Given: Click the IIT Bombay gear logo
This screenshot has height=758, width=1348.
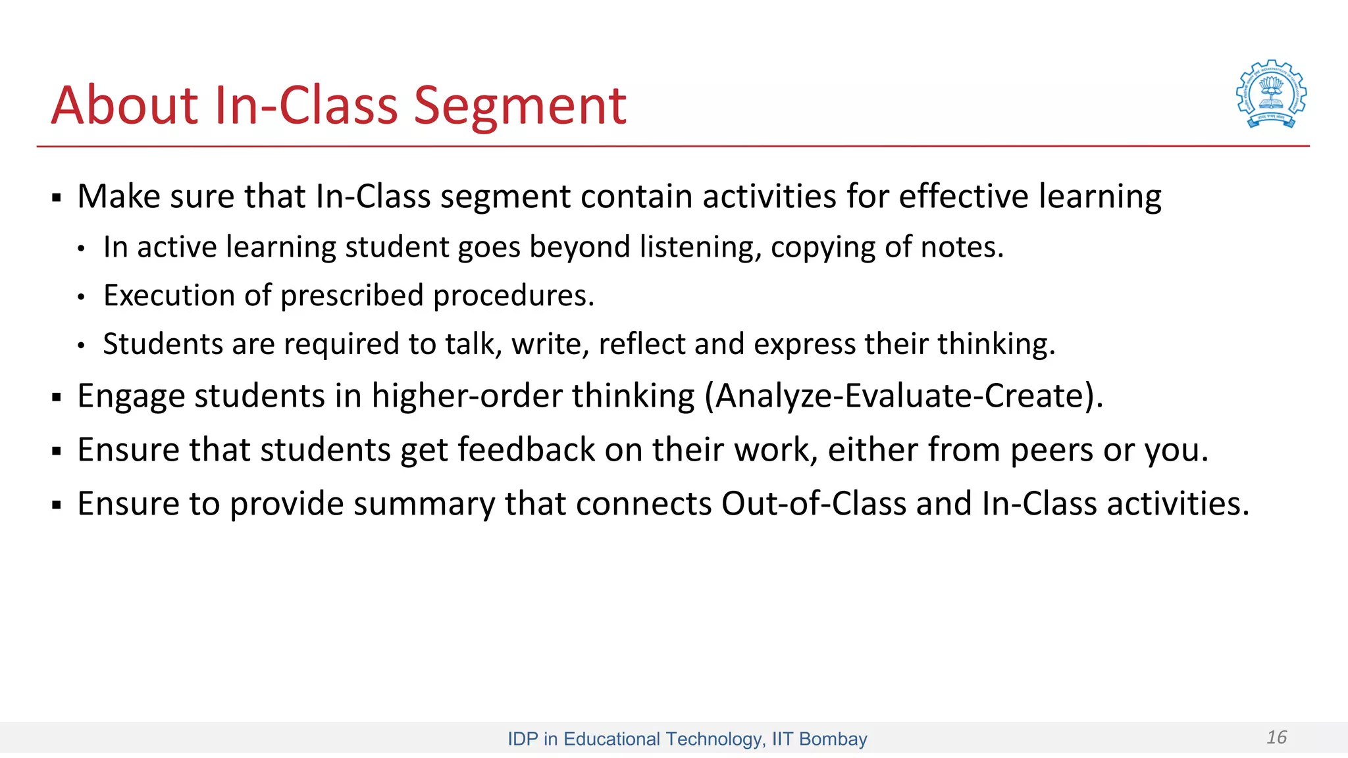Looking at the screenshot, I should (x=1271, y=94).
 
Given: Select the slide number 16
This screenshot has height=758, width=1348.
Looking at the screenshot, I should (x=1276, y=737).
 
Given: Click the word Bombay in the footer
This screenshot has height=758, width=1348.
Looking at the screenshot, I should (x=833, y=739).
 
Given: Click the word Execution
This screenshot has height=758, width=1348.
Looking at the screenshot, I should (x=168, y=296).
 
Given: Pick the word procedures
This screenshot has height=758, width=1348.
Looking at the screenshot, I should (x=513, y=296).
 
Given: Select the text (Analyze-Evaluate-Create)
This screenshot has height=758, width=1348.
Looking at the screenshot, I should (x=903, y=396).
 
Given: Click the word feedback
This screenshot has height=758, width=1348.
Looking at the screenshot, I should (x=526, y=450).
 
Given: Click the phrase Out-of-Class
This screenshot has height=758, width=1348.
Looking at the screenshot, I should (x=814, y=504).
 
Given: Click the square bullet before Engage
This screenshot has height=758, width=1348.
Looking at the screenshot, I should (x=57, y=397).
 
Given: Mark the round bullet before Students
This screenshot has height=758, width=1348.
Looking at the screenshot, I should (x=81, y=345).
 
